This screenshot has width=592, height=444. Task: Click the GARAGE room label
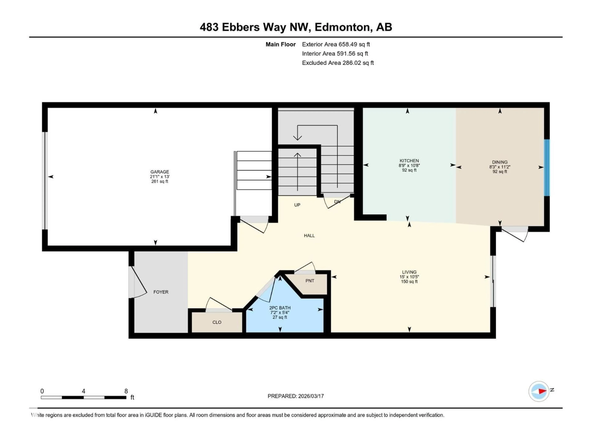160,172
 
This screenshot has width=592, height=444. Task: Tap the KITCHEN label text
409,161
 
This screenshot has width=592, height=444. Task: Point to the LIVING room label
409,272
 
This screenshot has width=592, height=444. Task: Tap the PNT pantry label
310,281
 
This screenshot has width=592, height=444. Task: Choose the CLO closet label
217,322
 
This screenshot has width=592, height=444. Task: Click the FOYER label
161,292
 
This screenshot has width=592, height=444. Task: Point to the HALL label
309,236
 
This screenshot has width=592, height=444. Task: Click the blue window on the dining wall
547,168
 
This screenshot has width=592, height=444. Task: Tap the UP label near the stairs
297,205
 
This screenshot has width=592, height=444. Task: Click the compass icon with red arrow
539,391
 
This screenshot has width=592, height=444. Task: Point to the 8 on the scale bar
126,391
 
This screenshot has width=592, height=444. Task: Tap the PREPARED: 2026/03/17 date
296,396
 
